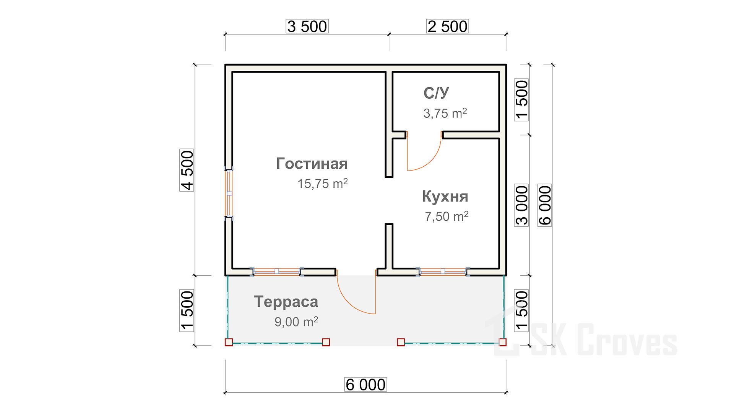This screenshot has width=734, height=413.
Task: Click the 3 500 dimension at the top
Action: [x=307, y=26]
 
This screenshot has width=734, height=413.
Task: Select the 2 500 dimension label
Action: [x=447, y=26]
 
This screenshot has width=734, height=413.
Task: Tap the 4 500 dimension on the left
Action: [x=187, y=170]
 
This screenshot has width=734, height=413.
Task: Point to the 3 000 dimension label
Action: [x=521, y=205]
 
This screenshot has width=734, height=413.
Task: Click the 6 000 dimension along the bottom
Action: [x=365, y=384]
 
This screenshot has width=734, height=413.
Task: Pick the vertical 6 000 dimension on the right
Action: [x=545, y=205]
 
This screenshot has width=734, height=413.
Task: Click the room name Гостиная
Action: [x=312, y=164]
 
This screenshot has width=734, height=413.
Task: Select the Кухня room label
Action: [x=445, y=197]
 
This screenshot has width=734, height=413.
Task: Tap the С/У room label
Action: [x=436, y=93]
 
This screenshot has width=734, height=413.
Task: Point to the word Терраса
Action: [x=286, y=302]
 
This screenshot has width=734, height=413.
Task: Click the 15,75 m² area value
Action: [x=323, y=184]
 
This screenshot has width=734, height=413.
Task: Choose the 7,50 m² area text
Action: [x=447, y=216]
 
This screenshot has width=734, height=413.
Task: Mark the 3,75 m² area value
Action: [x=445, y=113]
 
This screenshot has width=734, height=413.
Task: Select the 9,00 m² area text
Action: [x=296, y=322]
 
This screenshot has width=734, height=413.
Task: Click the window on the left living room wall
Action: [x=229, y=193]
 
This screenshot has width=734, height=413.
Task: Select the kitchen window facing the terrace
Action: [x=443, y=272]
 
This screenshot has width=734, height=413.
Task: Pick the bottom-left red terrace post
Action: [x=229, y=342]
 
